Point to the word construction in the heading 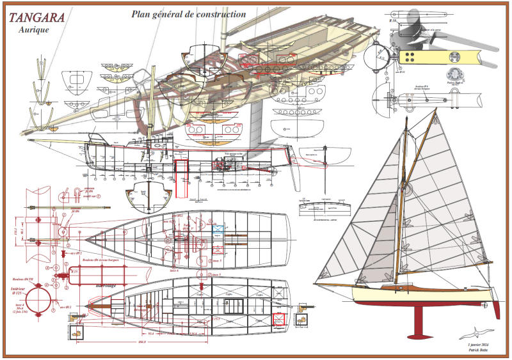point(217,13)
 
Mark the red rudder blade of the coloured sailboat point(495,309)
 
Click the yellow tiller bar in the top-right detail point(448,57)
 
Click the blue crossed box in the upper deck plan point(217,227)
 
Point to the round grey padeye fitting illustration point(455,74)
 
